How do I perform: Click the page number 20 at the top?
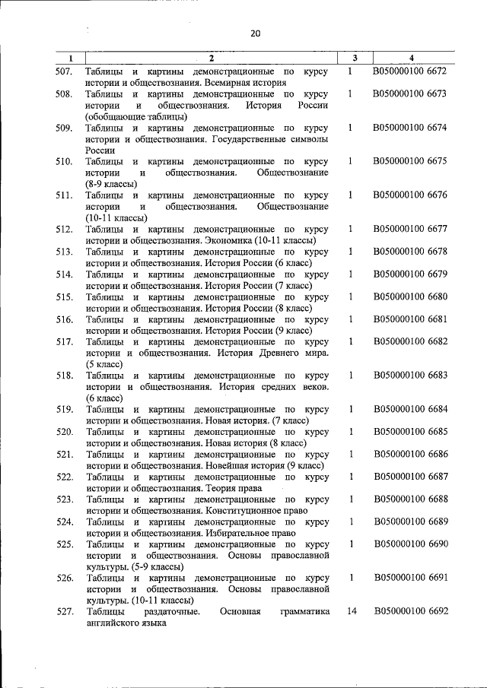[x=254, y=33]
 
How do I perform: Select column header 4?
[x=411, y=59]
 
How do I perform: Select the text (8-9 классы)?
[x=111, y=183]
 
